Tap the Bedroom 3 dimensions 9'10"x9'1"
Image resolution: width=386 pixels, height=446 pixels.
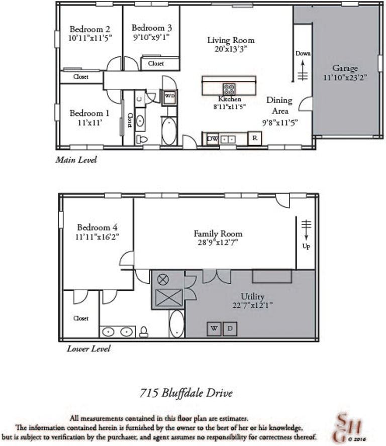(x=151, y=37)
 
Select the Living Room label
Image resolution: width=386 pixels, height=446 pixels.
(x=231, y=40)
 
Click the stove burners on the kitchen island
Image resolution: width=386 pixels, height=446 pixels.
(x=229, y=89)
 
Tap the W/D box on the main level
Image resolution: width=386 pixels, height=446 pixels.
(x=169, y=96)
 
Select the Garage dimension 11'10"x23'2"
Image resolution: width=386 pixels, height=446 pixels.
(x=345, y=77)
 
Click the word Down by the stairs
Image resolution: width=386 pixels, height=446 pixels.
(x=303, y=53)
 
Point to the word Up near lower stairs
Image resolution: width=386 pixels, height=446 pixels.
(x=306, y=247)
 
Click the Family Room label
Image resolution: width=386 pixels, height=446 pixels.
(x=218, y=234)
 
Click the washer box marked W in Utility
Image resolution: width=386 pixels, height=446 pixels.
(x=214, y=328)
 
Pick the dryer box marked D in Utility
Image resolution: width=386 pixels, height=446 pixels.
(x=230, y=328)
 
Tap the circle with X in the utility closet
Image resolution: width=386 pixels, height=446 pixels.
(x=163, y=280)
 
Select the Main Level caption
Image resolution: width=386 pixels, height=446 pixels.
(x=76, y=160)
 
